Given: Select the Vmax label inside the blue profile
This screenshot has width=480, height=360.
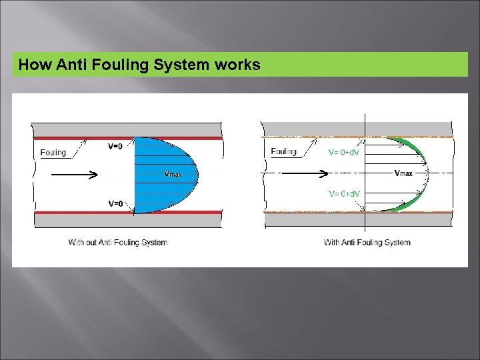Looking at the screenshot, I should (172, 175).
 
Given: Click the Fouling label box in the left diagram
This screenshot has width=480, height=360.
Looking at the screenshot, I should (53, 153).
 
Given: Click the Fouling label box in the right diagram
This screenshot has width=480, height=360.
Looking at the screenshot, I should (284, 151).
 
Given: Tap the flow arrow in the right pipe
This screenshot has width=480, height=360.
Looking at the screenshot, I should (304, 174).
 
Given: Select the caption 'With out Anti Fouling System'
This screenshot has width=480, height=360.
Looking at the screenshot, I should (117, 242).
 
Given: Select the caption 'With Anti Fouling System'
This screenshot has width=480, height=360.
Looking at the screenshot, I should (367, 242).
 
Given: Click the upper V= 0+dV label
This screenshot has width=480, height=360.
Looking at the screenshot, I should (344, 152).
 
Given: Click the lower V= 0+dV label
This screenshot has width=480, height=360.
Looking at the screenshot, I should (344, 193).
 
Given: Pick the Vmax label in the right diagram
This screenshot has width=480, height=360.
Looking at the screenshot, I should (403, 173).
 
